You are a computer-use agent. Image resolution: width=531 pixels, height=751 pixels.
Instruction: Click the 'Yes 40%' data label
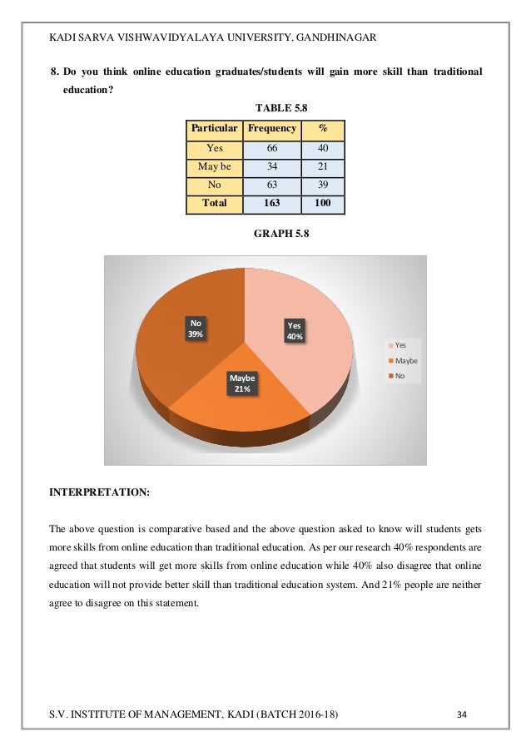coord(295,331)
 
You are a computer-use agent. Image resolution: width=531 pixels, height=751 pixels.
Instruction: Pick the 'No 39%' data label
coord(196,328)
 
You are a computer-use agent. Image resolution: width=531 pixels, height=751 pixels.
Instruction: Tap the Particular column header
coord(215,129)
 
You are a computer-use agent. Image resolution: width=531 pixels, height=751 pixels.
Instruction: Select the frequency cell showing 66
coord(272,148)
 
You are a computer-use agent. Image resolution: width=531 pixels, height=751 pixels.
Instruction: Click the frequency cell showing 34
coord(272,166)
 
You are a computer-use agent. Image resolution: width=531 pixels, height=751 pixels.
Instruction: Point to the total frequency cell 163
coord(272,203)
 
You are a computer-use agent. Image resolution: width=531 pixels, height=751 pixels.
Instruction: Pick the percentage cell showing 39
coord(322,185)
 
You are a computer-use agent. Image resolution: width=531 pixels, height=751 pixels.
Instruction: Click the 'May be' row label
coord(215,166)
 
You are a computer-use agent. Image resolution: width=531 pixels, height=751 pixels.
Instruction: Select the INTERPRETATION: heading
coord(100,492)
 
